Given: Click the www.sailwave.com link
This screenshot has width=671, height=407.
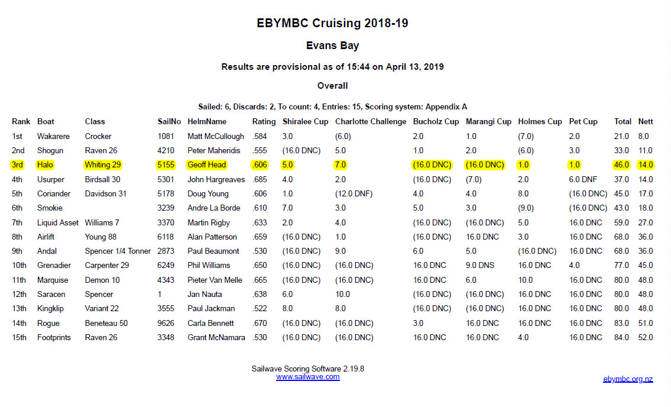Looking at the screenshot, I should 307,377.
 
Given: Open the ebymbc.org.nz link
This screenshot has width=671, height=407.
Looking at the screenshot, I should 628,379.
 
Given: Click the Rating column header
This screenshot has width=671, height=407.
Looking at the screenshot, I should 264,122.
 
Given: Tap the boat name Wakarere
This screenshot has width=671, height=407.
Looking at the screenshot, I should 53,136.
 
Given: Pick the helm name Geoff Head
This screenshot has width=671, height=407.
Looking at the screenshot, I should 206,165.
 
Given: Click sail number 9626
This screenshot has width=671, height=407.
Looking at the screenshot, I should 167,323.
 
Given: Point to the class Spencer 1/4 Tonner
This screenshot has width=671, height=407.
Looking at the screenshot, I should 118,251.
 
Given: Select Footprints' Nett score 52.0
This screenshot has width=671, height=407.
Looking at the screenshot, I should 646,337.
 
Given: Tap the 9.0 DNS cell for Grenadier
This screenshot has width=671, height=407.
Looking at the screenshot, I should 479,266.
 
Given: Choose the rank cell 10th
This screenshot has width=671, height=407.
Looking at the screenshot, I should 20,266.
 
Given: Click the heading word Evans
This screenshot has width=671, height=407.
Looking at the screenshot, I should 322,46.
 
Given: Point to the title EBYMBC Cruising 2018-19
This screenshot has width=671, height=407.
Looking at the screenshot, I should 332,24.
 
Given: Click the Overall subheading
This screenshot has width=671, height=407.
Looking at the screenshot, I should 332,86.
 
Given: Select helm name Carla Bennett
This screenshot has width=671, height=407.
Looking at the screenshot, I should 210,323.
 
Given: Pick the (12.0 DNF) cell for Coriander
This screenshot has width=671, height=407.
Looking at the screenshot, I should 354,193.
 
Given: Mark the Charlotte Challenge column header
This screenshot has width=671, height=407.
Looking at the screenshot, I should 371,122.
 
